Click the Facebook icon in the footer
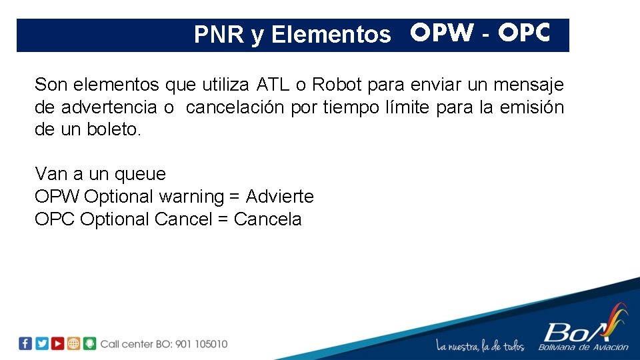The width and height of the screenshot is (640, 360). pos(25,343)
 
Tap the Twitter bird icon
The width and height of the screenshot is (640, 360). pos(42,343)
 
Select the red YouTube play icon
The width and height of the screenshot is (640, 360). pos(58,343)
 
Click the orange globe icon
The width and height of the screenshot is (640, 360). pos(73,343)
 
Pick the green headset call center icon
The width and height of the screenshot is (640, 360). pos(90,343)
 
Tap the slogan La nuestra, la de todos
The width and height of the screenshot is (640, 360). pos(480,346)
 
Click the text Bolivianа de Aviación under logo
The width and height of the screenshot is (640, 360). pos(584,347)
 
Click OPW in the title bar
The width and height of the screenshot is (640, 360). pos(442,33)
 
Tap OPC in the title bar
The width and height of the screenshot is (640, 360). pos(524,33)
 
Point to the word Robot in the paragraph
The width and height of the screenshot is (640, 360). pos(337,85)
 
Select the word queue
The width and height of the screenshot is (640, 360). pos(140,175)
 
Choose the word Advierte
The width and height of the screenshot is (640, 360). pos(279,197)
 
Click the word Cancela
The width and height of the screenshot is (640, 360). pos(268,219)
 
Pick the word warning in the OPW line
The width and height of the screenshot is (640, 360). pos(191,197)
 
